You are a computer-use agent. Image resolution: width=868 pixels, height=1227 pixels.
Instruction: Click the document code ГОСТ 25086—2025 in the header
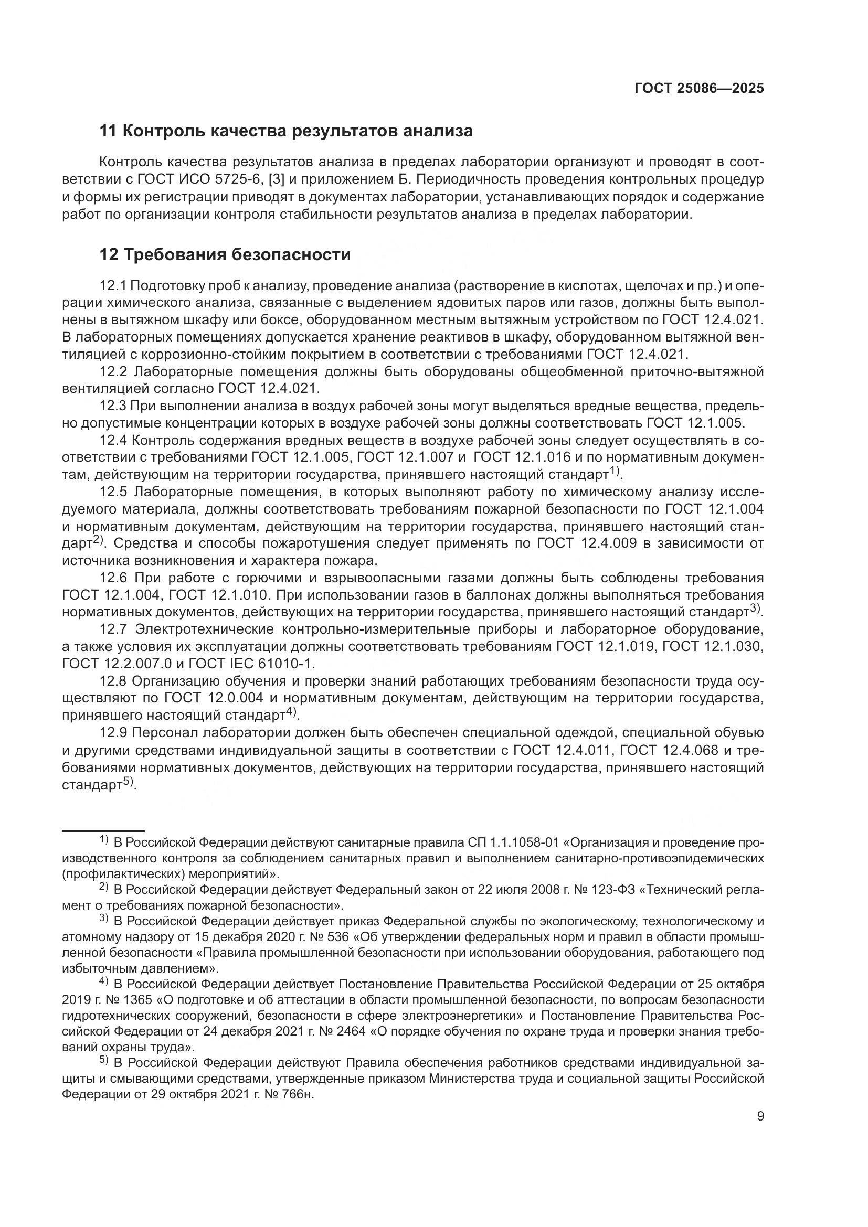[x=699, y=89]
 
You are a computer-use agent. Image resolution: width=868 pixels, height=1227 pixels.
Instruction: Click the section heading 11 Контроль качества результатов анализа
[x=286, y=131]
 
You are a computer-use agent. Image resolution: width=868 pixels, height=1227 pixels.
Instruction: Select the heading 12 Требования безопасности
[x=225, y=255]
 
